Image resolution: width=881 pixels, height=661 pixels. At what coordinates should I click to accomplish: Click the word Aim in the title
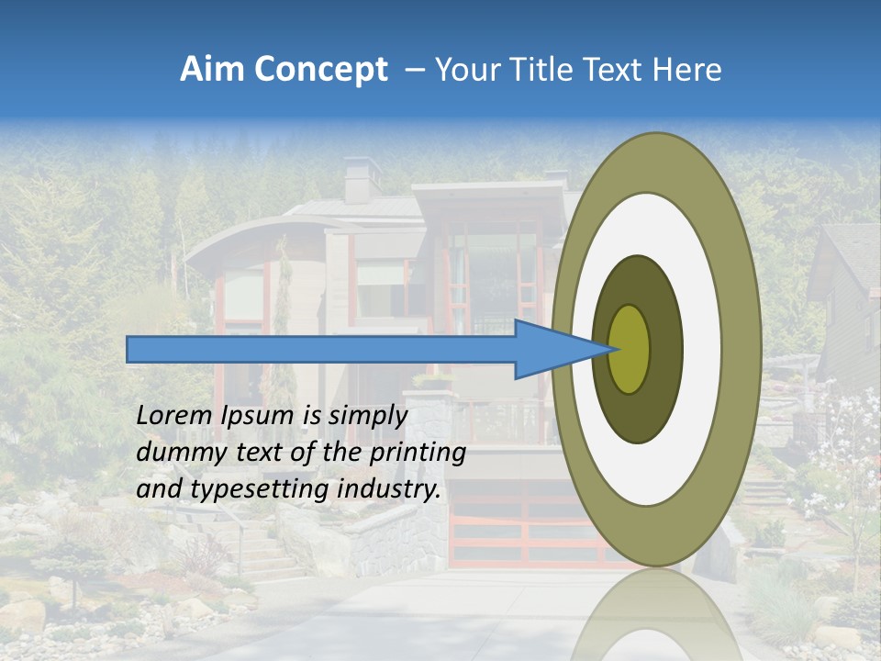click(x=213, y=70)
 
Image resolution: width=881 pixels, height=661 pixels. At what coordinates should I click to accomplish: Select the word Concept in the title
click(x=320, y=70)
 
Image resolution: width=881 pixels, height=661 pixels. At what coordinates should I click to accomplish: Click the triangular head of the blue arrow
click(x=555, y=349)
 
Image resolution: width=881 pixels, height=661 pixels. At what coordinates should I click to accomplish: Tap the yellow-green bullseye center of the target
click(x=630, y=349)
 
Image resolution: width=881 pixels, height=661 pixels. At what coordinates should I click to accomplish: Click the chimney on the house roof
click(x=362, y=179)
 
